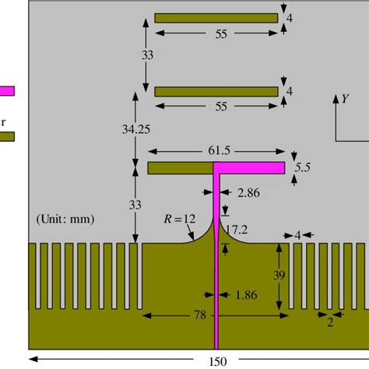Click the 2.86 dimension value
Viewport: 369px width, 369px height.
point(250,191)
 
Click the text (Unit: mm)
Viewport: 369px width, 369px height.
point(65,220)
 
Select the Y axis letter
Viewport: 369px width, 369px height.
point(344,99)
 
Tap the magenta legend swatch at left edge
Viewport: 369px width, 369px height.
point(7,90)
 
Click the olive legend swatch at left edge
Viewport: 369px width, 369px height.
point(7,136)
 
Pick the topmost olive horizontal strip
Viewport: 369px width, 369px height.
point(216,18)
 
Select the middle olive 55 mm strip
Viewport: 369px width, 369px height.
point(216,91)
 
